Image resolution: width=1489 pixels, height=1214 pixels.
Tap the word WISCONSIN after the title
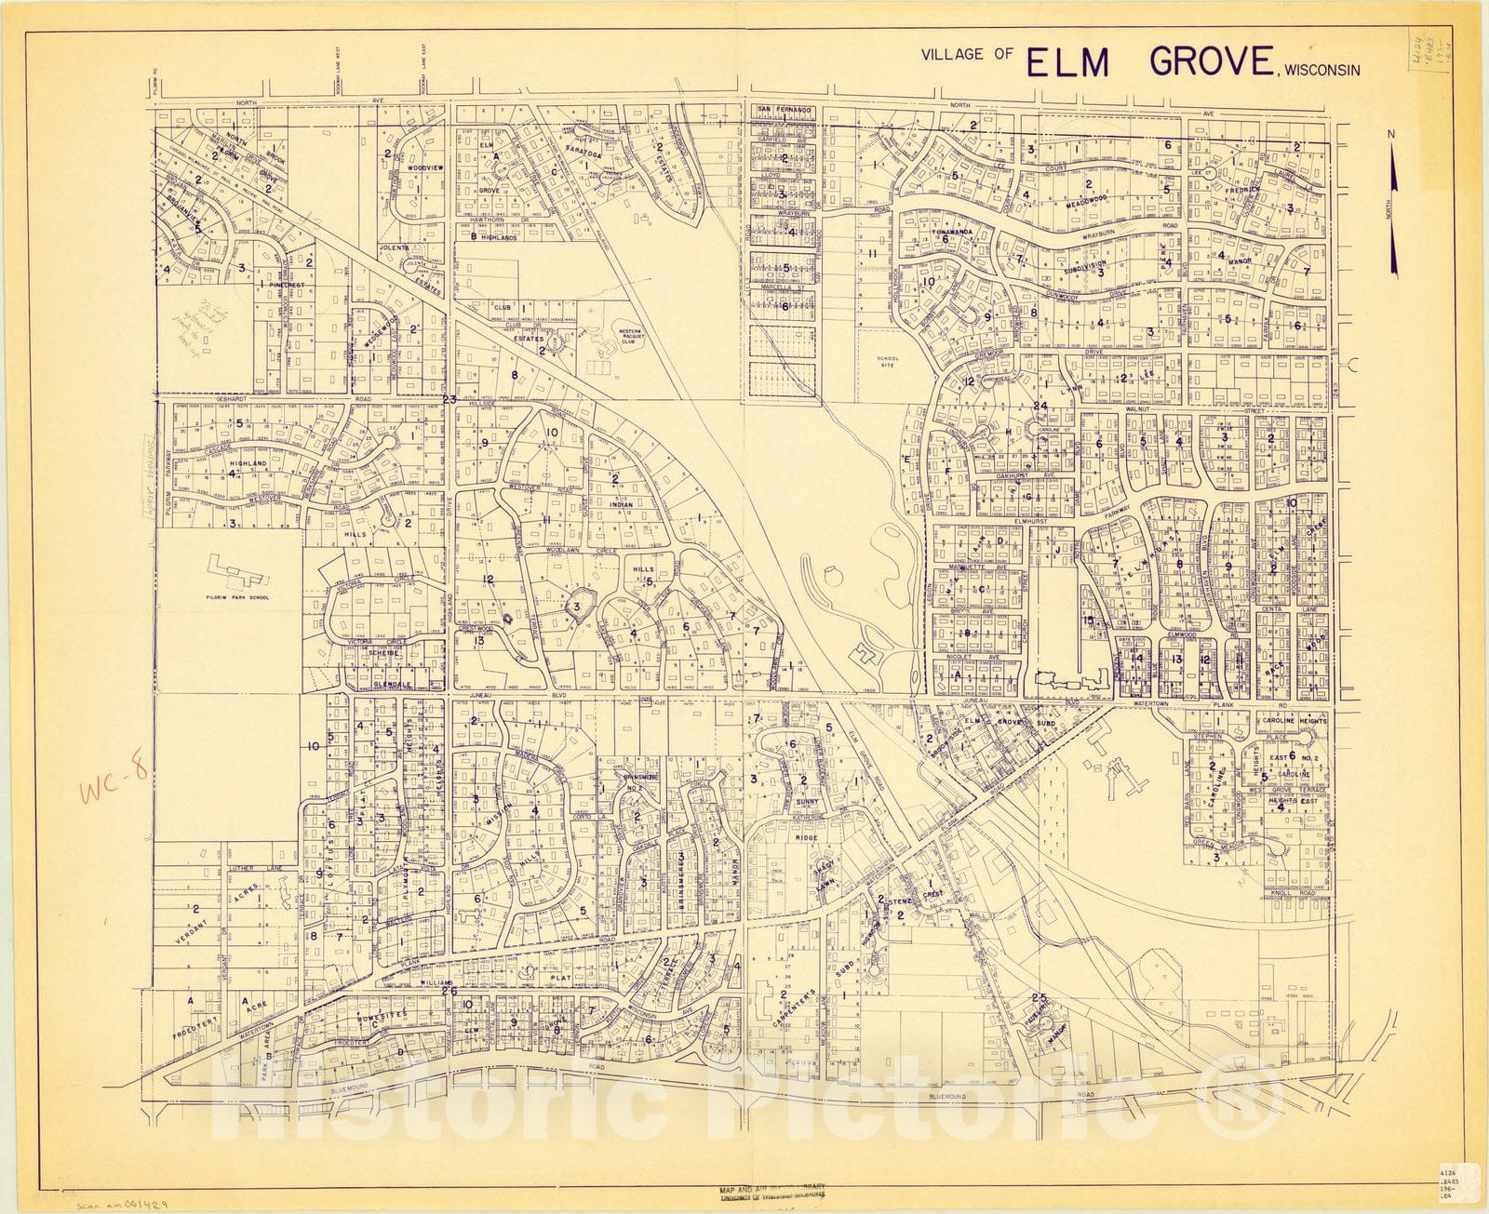pyautogui.click(x=1322, y=69)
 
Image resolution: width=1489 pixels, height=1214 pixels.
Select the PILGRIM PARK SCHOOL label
pyautogui.click(x=239, y=597)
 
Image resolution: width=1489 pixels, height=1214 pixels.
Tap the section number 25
pyautogui.click(x=1040, y=998)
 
